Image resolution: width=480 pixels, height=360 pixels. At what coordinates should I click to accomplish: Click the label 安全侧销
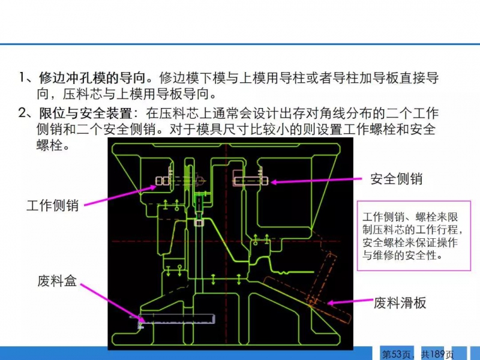(x=397, y=179)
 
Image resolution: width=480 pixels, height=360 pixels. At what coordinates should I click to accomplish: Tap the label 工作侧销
(x=53, y=205)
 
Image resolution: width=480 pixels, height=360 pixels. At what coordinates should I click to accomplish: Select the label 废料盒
(x=57, y=281)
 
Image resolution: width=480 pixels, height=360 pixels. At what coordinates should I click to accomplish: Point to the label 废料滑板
(x=400, y=303)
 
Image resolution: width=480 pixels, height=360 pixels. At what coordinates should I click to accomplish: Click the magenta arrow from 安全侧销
(x=317, y=181)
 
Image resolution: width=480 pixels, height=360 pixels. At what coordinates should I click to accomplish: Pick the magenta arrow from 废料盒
(x=112, y=303)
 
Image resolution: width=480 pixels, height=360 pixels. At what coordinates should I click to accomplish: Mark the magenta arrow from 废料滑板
(x=350, y=302)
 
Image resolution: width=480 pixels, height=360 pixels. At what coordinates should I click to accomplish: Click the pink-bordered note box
(x=414, y=236)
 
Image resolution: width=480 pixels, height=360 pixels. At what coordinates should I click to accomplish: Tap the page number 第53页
(x=396, y=354)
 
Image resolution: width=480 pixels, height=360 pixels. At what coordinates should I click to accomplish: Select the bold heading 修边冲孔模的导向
(x=92, y=78)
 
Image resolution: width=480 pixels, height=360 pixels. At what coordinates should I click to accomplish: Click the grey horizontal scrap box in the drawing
(x=177, y=319)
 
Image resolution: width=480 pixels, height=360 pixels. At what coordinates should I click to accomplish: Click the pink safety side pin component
(x=250, y=181)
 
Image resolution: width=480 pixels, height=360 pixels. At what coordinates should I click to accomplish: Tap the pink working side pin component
(x=179, y=181)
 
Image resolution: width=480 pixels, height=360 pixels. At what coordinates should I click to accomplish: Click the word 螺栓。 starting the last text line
(x=53, y=145)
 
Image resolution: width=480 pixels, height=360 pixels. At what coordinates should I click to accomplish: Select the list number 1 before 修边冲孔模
(x=22, y=77)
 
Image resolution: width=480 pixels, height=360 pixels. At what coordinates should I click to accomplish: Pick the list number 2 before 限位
(x=22, y=113)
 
